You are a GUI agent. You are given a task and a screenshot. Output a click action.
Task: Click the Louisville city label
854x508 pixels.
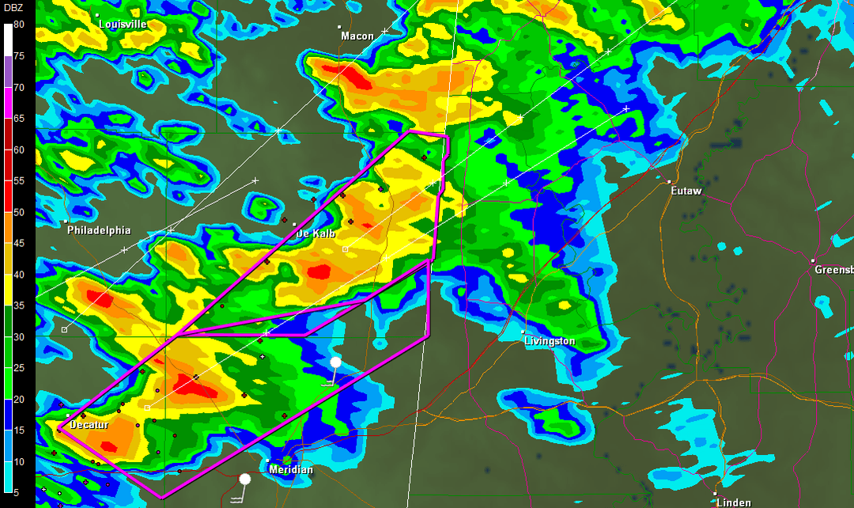[x=123, y=25]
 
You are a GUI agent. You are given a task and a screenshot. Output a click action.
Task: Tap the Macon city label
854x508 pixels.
[x=357, y=36]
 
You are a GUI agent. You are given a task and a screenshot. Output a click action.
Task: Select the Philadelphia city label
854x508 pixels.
[x=99, y=231]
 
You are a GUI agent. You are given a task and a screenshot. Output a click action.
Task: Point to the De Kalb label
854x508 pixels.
[x=316, y=234]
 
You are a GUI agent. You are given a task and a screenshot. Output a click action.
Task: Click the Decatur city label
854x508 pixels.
[x=89, y=426]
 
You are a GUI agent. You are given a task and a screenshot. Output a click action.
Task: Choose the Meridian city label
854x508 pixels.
[x=291, y=470]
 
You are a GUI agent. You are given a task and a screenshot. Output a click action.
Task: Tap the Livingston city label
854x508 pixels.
[x=550, y=342]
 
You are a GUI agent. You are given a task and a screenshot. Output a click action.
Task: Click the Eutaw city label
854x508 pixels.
[x=686, y=191]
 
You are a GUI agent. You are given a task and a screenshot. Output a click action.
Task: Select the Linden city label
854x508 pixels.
[x=734, y=502]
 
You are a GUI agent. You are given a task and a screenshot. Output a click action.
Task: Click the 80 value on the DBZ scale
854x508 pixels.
[x=18, y=25]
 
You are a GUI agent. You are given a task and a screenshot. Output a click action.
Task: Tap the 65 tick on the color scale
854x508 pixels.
[x=18, y=119]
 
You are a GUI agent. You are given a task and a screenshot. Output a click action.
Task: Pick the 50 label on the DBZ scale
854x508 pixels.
[x=18, y=212]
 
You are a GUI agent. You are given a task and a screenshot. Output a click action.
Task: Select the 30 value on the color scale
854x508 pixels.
[x=18, y=337]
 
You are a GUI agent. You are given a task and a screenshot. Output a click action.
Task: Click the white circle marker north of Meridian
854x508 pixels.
[x=336, y=362]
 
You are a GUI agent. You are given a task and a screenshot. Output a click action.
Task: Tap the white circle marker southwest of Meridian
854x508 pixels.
[x=245, y=479]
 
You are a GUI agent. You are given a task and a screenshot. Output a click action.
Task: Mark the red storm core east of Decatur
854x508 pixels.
[x=192, y=386]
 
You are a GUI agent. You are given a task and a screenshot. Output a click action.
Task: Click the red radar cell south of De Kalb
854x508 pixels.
[x=319, y=272]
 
